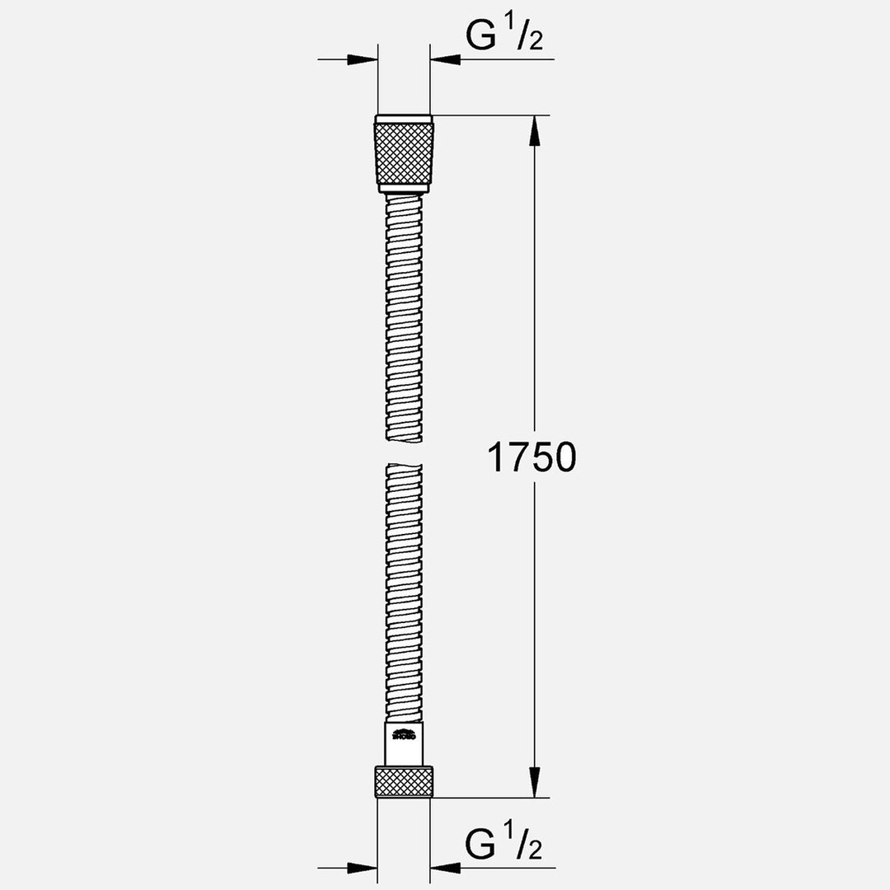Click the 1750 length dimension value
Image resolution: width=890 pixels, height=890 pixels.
coord(532,457)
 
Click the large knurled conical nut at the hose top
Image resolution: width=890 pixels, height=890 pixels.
coord(404,152)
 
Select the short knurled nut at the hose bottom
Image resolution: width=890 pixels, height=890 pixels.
coord(404,781)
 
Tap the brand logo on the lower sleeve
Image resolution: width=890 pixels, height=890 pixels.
coord(404,736)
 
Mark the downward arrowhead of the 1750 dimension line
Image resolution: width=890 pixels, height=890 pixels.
coord(535,782)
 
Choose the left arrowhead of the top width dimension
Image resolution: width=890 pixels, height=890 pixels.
coord(363,59)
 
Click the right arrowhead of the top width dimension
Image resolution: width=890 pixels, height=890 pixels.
coord(445,59)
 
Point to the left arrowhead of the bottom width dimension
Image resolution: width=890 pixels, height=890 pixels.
coord(363,867)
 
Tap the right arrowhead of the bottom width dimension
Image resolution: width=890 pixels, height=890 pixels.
coord(445,867)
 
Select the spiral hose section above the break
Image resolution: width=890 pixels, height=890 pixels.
coord(404,321)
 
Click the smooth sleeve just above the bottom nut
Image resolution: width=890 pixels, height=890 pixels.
coord(404,743)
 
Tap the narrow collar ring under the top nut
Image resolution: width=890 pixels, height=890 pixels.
coord(404,189)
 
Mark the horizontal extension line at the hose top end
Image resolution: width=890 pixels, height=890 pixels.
coord(486,115)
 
